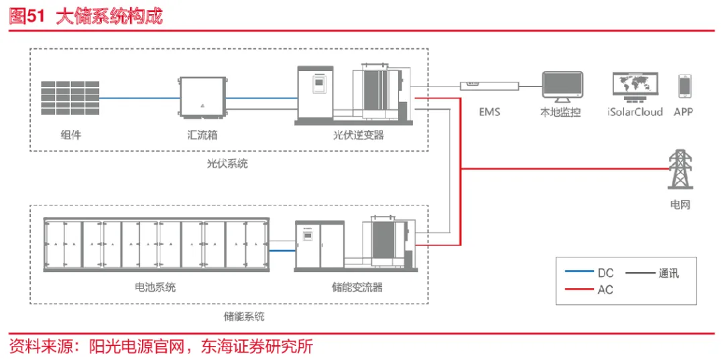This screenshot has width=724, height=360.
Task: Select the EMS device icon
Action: (489, 85)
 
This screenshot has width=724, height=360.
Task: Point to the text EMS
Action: (489, 111)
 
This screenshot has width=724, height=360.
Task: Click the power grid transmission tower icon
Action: (680, 170)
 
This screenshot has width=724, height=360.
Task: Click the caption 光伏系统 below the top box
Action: (227, 163)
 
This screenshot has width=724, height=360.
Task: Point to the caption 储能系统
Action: (243, 315)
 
